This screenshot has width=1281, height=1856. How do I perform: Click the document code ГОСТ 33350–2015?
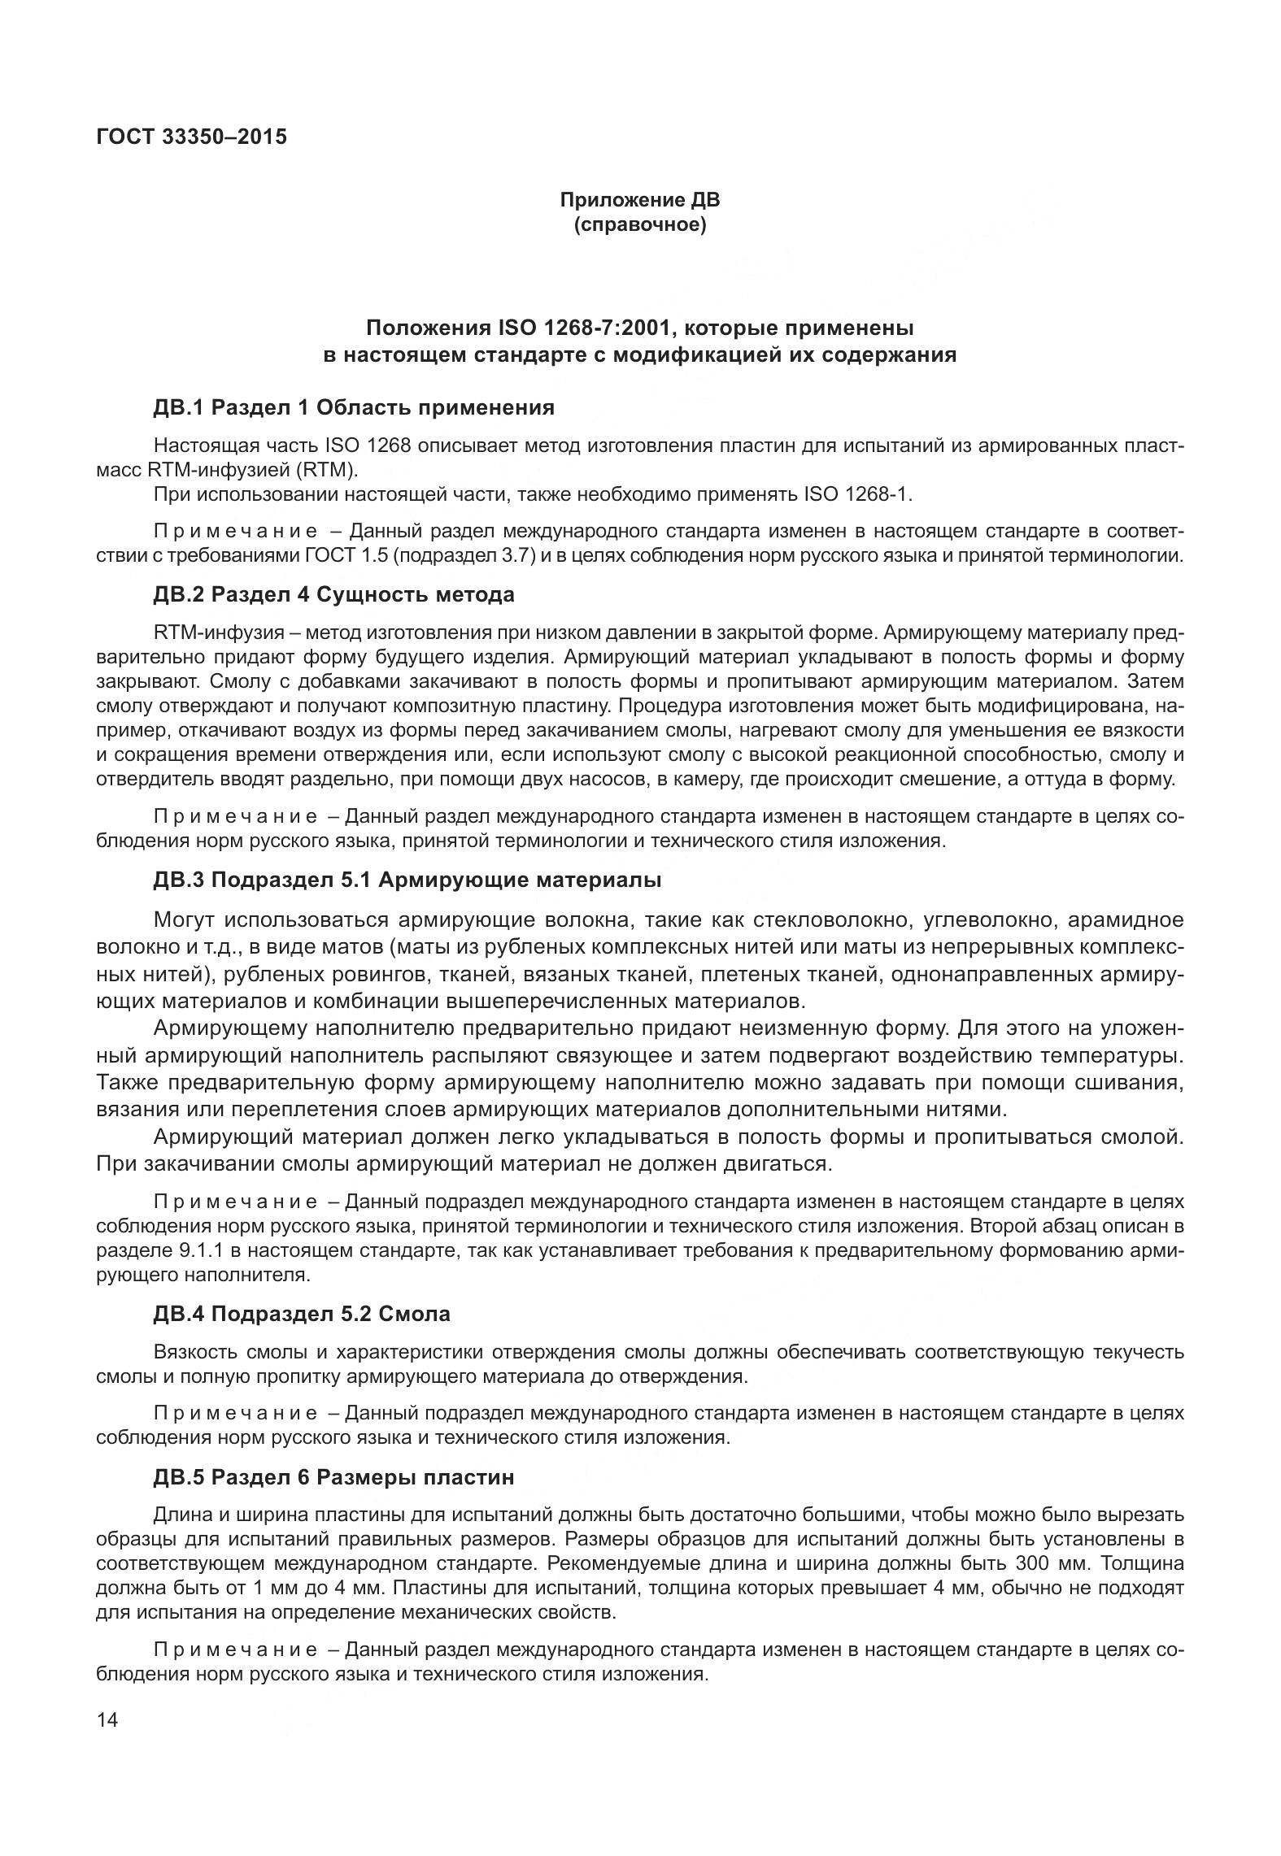(x=191, y=137)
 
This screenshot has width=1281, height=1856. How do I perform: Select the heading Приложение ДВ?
(x=639, y=200)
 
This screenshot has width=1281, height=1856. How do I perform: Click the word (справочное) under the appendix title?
(x=639, y=225)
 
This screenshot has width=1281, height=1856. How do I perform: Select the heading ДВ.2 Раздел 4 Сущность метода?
(x=333, y=594)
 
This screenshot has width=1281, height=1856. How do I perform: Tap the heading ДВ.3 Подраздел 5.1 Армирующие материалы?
(x=407, y=880)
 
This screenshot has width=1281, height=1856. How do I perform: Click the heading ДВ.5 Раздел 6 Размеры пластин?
(x=333, y=1477)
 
